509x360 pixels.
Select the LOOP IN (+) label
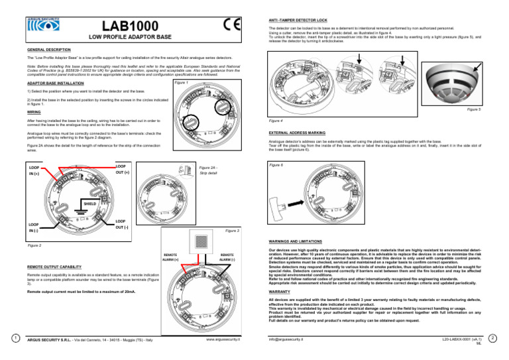(34, 170)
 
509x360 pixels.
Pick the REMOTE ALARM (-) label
(227, 258)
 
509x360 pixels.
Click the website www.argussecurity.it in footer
(223, 339)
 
